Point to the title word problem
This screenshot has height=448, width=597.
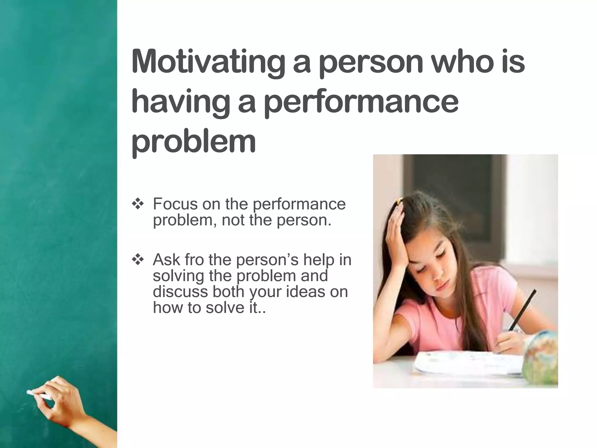coord(194,142)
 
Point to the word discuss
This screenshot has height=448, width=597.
coord(180,291)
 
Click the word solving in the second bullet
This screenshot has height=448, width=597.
coord(178,276)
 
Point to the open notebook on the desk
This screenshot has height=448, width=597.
coord(466,363)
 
